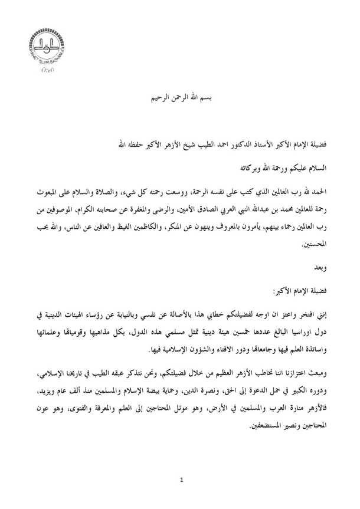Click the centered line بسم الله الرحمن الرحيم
179,96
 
